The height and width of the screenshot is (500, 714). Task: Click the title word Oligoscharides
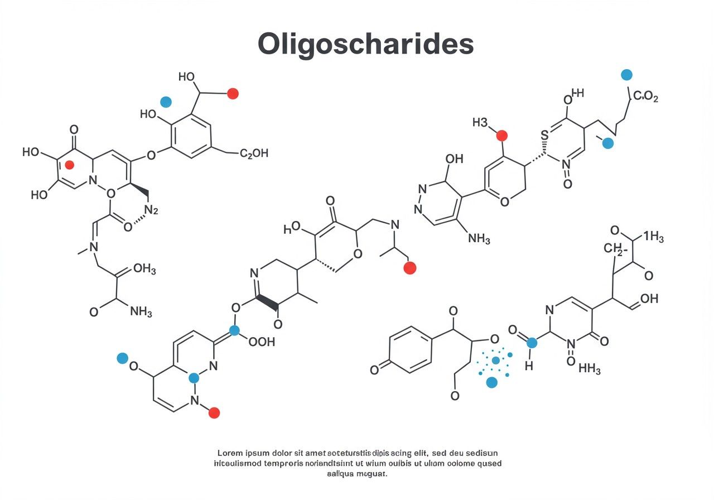(365, 44)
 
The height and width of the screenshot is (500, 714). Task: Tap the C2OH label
(254, 153)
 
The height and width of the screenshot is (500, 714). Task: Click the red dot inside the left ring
(70, 165)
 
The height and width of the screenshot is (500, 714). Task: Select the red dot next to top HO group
(233, 94)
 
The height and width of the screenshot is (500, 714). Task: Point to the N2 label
(151, 210)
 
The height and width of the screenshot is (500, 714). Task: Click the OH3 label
(144, 269)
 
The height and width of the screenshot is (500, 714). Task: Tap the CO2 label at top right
(645, 97)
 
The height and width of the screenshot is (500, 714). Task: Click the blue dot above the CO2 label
(626, 75)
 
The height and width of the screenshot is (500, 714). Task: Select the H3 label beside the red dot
(480, 122)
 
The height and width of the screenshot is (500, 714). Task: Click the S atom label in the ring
(545, 134)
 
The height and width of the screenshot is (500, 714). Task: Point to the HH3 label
(590, 369)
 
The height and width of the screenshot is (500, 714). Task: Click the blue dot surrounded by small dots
(495, 360)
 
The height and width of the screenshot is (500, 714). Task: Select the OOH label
(262, 342)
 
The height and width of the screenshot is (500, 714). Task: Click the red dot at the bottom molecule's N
(214, 413)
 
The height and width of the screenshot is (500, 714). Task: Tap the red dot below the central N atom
(409, 268)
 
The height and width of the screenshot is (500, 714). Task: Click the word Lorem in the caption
(230, 453)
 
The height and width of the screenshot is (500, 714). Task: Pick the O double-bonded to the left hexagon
(374, 369)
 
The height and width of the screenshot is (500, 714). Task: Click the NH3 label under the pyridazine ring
(479, 239)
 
